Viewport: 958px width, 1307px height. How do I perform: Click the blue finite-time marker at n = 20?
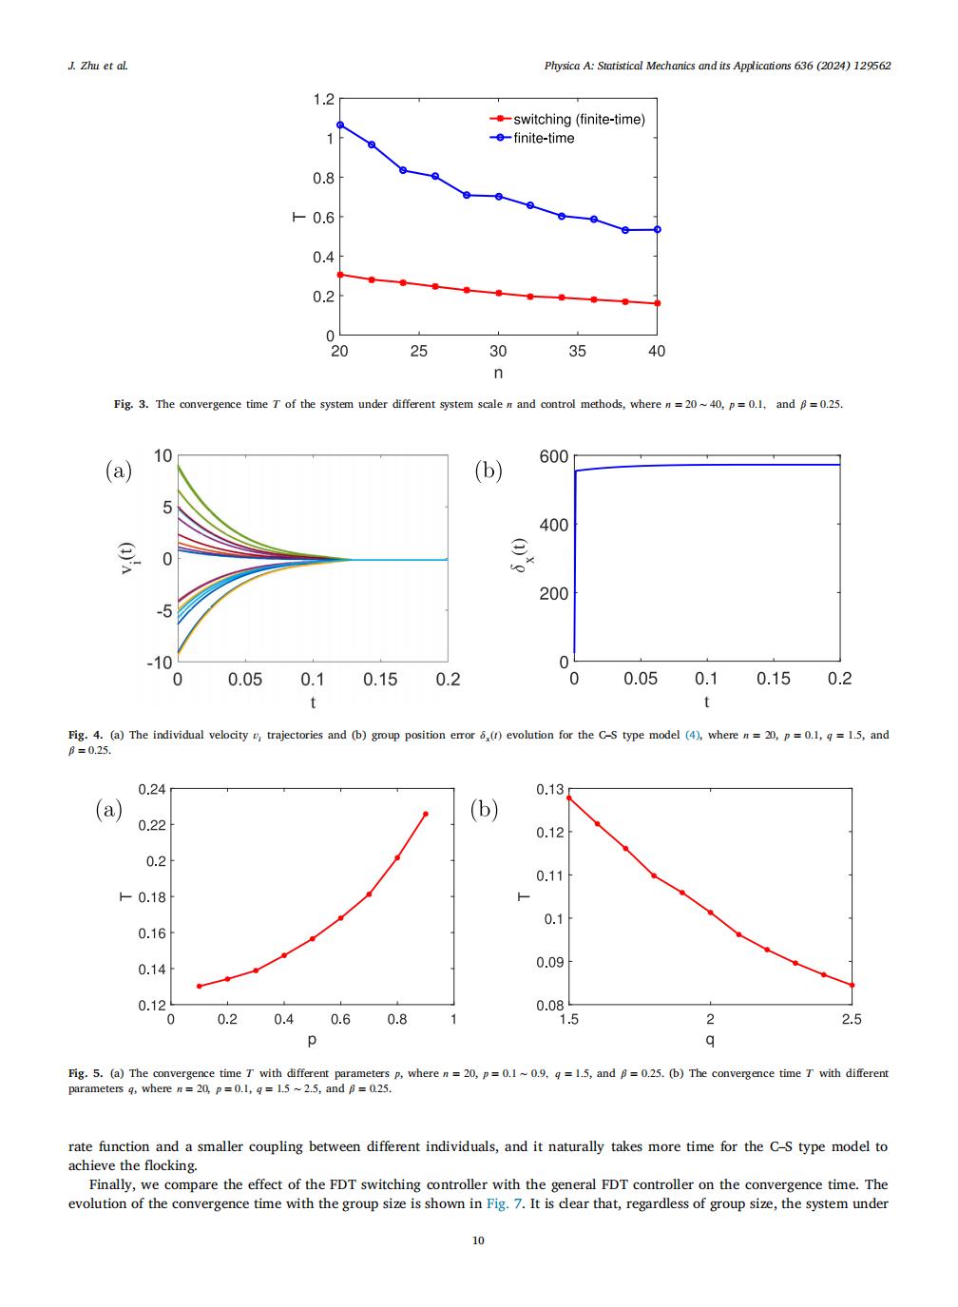click(x=340, y=125)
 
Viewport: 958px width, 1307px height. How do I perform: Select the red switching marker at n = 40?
click(x=658, y=303)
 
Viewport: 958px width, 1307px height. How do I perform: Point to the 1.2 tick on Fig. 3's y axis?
click(x=324, y=100)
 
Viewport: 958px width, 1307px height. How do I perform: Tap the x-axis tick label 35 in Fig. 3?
click(x=578, y=352)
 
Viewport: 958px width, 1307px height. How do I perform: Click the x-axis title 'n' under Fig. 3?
click(x=498, y=373)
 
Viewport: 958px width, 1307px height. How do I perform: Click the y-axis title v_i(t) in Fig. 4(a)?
click(x=127, y=558)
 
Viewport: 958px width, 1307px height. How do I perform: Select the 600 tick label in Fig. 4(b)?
click(x=554, y=457)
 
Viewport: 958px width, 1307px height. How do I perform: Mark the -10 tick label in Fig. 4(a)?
click(x=160, y=663)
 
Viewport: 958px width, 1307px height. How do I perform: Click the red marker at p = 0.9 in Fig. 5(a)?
click(x=426, y=814)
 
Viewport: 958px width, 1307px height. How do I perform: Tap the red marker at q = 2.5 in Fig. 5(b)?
click(x=852, y=985)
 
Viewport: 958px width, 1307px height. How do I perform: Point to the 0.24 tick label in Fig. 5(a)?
click(x=152, y=790)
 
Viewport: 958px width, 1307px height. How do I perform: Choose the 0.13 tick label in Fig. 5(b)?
click(x=550, y=790)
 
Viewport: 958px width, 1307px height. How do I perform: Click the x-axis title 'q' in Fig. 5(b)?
click(x=710, y=1040)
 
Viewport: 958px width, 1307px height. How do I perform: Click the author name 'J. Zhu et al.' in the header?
click(x=98, y=66)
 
